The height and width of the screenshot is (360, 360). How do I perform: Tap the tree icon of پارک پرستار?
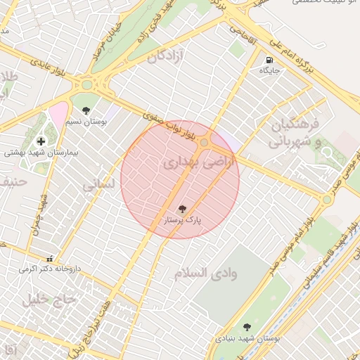pyautogui.click(x=183, y=209)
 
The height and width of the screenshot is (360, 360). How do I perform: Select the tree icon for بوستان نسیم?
pyautogui.click(x=86, y=110)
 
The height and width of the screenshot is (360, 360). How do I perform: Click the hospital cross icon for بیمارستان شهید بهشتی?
pyautogui.click(x=41, y=141)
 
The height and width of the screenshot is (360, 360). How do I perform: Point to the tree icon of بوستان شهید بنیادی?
pyautogui.click(x=247, y=327)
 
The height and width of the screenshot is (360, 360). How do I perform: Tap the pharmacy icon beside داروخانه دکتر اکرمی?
pyautogui.click(x=49, y=258)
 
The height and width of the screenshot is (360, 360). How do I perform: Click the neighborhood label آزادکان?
pyautogui.click(x=165, y=57)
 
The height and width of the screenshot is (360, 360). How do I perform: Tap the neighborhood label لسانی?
pyautogui.click(x=98, y=186)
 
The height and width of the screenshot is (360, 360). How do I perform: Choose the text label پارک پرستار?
pyautogui.click(x=183, y=220)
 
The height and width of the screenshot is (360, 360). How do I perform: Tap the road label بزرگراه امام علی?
pyautogui.click(x=285, y=54)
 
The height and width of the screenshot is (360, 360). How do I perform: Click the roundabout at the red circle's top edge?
pyautogui.click(x=204, y=143)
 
